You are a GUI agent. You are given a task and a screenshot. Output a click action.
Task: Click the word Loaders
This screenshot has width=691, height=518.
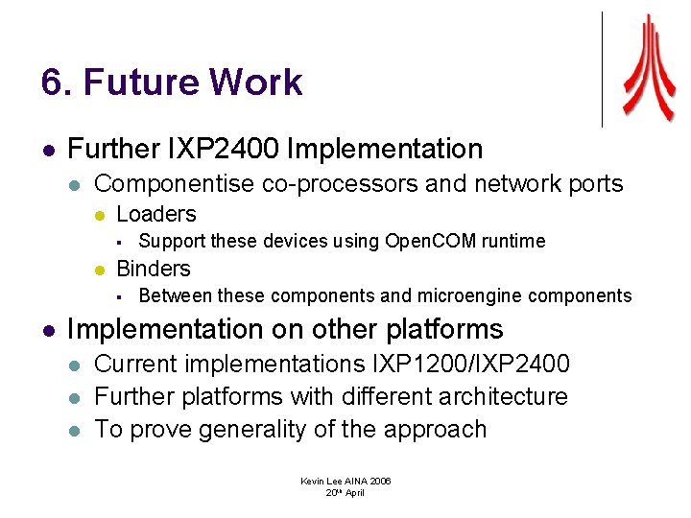pos(155,214)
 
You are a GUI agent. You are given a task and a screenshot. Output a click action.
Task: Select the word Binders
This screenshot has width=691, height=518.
pos(154,269)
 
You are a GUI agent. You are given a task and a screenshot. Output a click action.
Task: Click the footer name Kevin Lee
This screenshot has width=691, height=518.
pos(322,481)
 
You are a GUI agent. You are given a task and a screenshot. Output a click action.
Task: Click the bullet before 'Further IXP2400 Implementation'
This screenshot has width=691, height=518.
pos(48,151)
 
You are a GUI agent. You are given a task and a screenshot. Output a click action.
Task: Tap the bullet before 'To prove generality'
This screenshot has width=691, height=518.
pos(77,430)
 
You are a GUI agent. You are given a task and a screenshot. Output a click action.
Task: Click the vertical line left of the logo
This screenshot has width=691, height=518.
pos(602,69)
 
